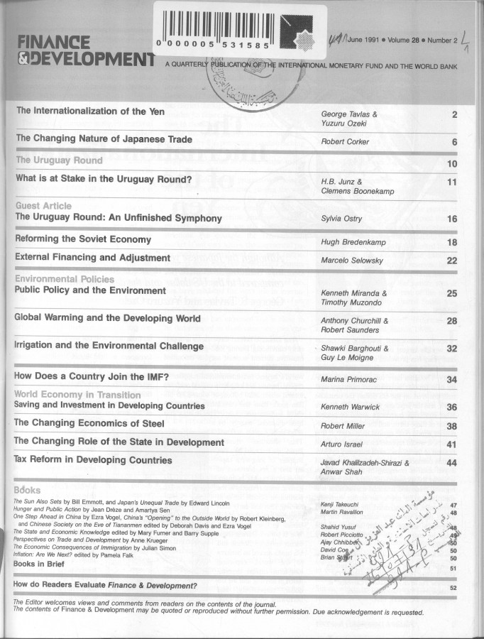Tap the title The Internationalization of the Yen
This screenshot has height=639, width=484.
(90, 111)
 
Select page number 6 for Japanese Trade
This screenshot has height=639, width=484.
(453, 142)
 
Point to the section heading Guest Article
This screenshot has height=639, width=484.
(43, 206)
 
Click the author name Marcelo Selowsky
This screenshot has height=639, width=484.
(353, 261)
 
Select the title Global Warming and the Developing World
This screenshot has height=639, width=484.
(107, 319)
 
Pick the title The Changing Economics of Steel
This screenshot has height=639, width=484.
(89, 424)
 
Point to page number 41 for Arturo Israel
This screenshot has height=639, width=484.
(451, 444)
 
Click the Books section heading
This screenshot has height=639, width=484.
(27, 490)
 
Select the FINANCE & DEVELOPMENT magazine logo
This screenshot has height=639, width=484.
(82, 50)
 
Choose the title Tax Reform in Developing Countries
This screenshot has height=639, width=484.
(93, 460)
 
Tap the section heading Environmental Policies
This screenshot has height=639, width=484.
(65, 280)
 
